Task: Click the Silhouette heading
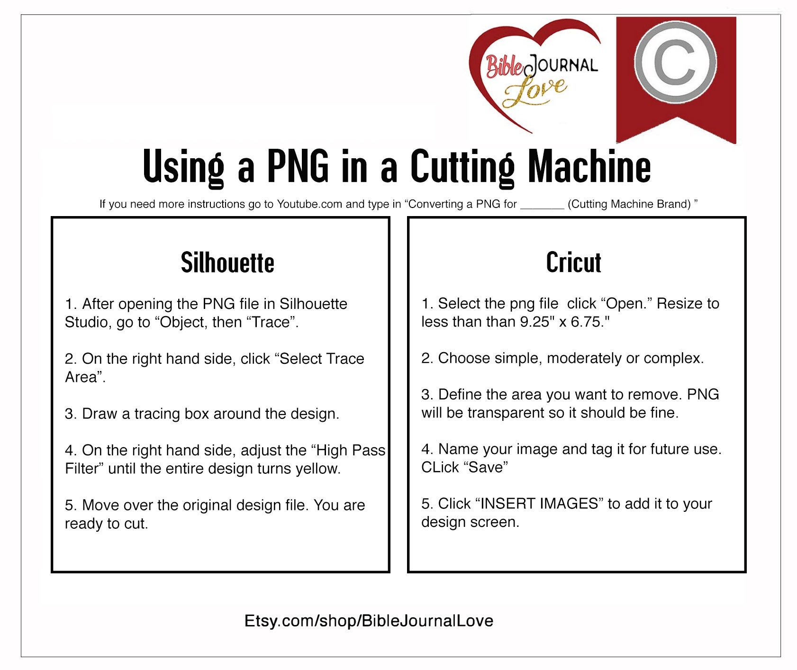click(227, 263)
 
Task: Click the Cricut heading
click(573, 263)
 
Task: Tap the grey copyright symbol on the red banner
click(675, 62)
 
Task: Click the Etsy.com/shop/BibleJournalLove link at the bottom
click(369, 621)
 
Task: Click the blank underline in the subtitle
click(542, 208)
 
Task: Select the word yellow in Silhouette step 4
click(317, 469)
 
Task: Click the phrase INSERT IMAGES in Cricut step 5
click(539, 504)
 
